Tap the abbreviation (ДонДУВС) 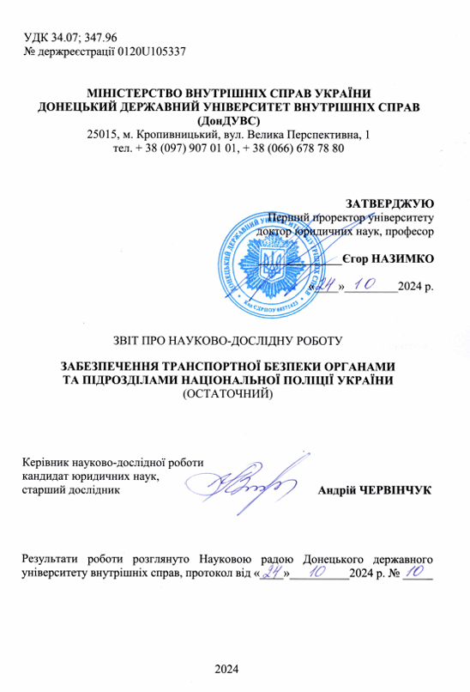[x=234, y=120]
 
